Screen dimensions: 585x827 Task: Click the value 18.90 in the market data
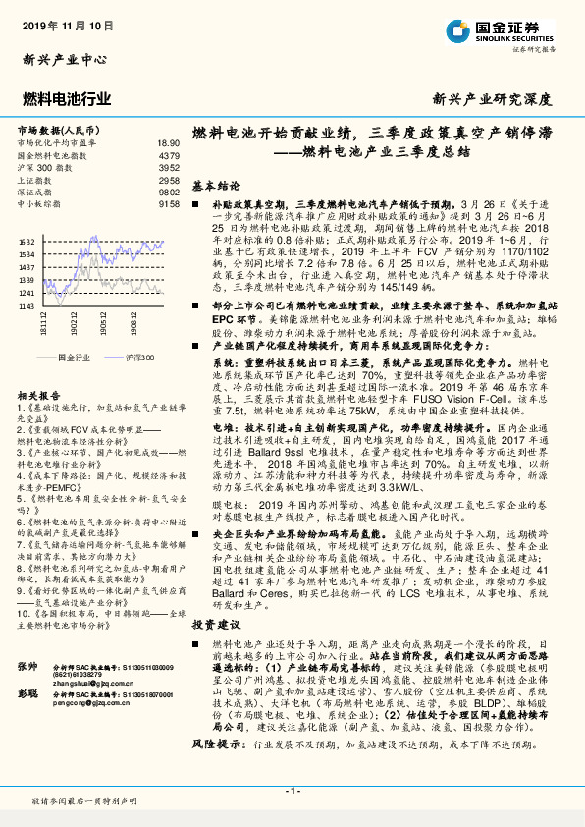pyautogui.click(x=169, y=143)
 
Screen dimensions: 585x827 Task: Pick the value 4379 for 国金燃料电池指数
pyautogui.click(x=169, y=156)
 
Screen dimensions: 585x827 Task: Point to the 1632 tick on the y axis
pyautogui.click(x=27, y=242)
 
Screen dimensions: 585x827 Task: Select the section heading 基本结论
pyautogui.click(x=216, y=185)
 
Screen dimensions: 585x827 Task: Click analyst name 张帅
pyautogui.click(x=27, y=694)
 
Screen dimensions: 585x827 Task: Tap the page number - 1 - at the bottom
pyautogui.click(x=292, y=791)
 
